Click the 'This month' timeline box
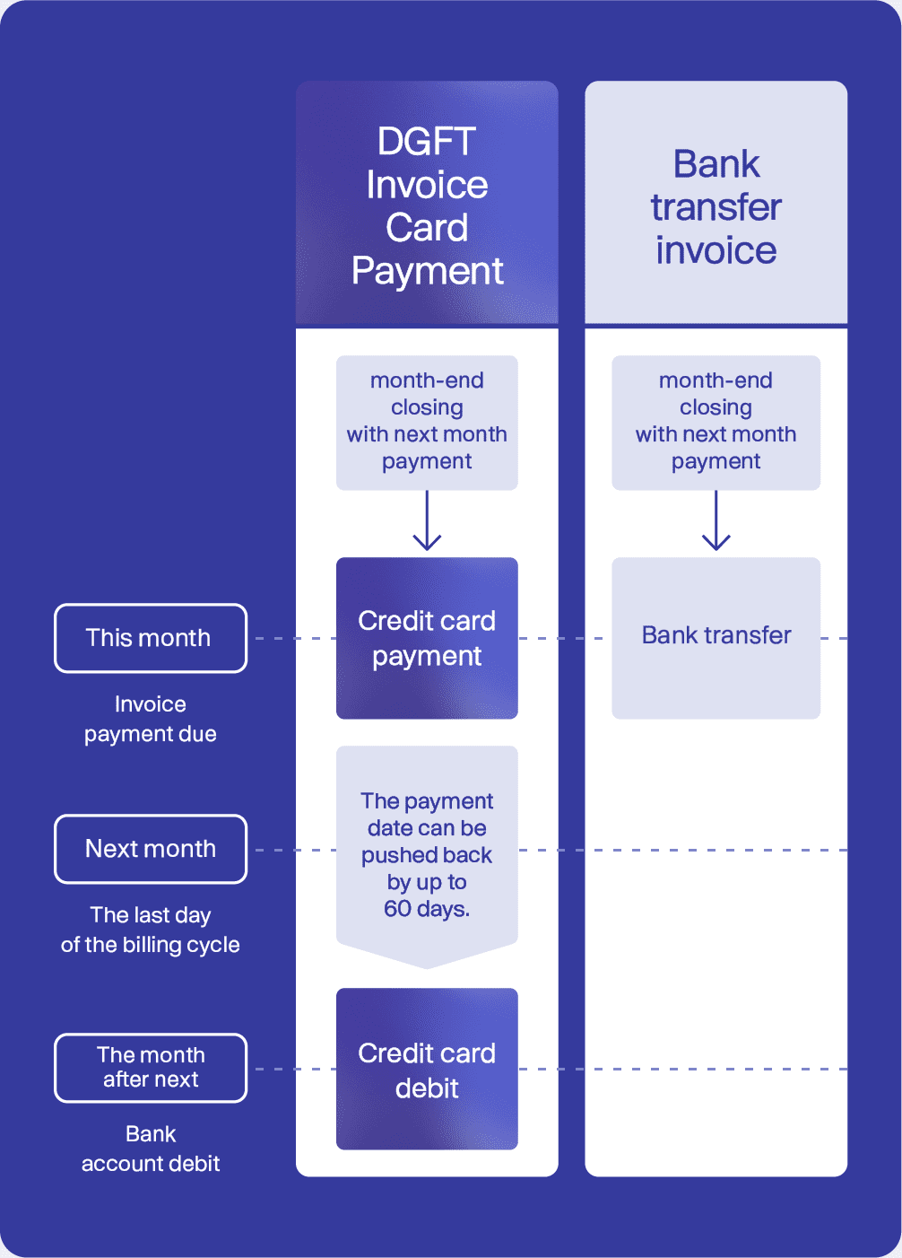151,638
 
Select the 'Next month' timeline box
151,849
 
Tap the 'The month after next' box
151,1068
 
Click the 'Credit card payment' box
427,638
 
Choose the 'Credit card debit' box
427,1069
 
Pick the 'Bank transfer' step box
716,638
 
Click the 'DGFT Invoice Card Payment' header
427,204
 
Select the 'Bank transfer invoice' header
716,204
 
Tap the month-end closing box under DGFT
427,423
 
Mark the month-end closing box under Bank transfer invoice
716,423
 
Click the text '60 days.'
427,909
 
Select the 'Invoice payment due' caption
151,719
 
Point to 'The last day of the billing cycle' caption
151,930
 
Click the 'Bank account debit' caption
151,1149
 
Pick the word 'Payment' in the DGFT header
427,272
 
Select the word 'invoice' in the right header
716,249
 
